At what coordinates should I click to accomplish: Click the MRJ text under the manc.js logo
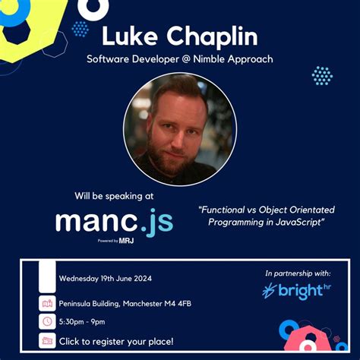pyautogui.click(x=126, y=241)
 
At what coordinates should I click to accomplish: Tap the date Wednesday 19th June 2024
pyautogui.click(x=105, y=278)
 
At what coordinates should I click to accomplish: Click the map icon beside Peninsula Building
pyautogui.click(x=48, y=304)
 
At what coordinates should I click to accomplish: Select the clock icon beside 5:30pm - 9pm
pyautogui.click(x=48, y=321)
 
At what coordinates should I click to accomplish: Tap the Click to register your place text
pyautogui.click(x=115, y=340)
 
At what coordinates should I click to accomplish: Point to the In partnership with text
pyautogui.click(x=298, y=273)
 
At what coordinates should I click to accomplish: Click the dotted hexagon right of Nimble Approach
pyautogui.click(x=322, y=75)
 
